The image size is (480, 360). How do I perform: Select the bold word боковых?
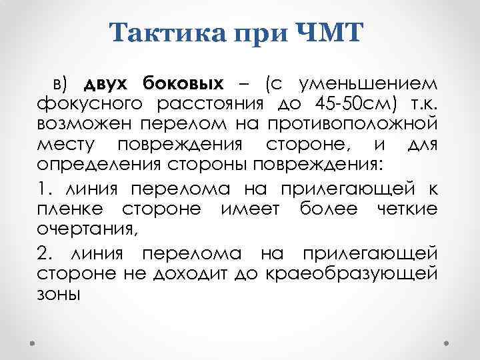coord(183,85)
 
